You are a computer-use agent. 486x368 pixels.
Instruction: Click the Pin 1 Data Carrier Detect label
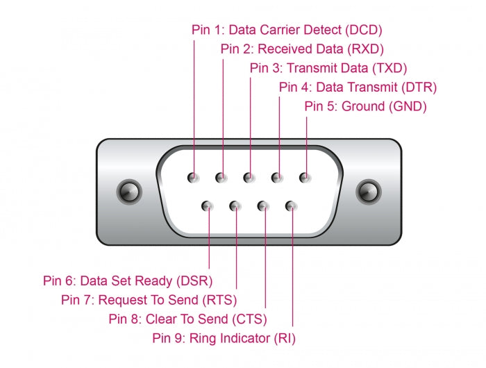(x=287, y=30)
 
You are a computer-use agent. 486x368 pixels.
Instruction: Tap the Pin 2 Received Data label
(x=302, y=49)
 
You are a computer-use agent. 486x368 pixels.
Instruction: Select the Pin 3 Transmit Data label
(x=328, y=68)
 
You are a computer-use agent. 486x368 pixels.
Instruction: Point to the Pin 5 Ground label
(x=365, y=106)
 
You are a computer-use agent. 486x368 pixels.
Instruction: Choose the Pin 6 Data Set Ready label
(x=128, y=281)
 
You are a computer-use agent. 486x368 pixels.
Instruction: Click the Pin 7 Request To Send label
(x=149, y=300)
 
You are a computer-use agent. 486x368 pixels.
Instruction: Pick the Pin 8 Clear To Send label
(x=187, y=319)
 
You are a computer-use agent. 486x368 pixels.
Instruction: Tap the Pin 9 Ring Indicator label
(x=222, y=338)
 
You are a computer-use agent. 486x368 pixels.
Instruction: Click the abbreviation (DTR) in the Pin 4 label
(x=419, y=87)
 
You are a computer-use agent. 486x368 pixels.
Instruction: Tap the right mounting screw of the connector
(x=369, y=190)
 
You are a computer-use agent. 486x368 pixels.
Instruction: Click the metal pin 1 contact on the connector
(x=194, y=178)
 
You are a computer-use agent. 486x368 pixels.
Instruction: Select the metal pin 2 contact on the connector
(x=221, y=178)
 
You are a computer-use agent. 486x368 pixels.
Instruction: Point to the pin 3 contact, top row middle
(x=249, y=178)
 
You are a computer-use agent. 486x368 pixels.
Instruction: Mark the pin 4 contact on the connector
(x=277, y=178)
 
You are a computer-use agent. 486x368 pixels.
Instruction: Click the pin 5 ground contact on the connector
(x=305, y=178)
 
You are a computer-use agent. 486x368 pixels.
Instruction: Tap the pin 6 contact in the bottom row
(x=208, y=206)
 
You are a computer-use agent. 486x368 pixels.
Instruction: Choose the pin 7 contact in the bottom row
(x=235, y=206)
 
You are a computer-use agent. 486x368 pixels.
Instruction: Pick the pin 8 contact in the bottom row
(x=263, y=206)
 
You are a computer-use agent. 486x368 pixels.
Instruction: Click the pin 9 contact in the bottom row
(x=291, y=206)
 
